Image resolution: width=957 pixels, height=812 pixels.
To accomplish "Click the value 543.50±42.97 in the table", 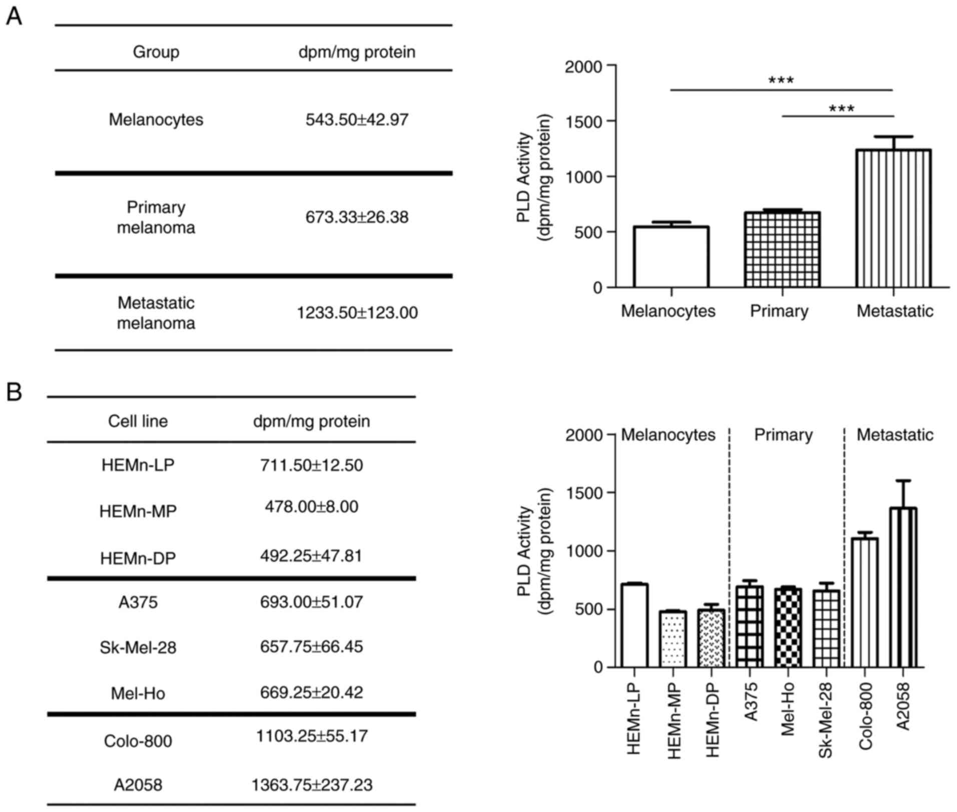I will (357, 120).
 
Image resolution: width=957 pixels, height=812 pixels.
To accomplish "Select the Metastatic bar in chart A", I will (893, 218).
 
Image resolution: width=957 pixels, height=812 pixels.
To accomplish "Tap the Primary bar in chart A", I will (782, 250).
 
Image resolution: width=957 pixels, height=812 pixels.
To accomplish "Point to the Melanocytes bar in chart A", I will (671, 257).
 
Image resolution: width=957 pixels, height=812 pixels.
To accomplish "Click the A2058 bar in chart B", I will (903, 587).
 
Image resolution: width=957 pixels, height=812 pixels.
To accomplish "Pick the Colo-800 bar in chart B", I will (864, 602).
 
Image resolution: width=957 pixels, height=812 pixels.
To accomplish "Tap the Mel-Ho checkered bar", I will (788, 627).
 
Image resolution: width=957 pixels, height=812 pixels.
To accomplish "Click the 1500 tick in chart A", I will (590, 121).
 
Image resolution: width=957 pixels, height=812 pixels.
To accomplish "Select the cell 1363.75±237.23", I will (312, 784).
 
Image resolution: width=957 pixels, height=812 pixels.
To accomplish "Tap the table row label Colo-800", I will (138, 740).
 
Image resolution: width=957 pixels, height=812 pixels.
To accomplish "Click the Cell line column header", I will (138, 421).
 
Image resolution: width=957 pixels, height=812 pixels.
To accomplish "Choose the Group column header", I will (156, 52).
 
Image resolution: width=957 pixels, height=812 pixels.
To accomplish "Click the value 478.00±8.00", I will (312, 506).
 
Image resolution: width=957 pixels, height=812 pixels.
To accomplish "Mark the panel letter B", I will (14, 392).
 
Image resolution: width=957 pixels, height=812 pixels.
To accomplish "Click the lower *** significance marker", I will (841, 108).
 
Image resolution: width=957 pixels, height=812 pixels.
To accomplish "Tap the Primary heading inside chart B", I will (783, 435).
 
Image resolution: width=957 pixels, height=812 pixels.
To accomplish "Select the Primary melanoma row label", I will (156, 217).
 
